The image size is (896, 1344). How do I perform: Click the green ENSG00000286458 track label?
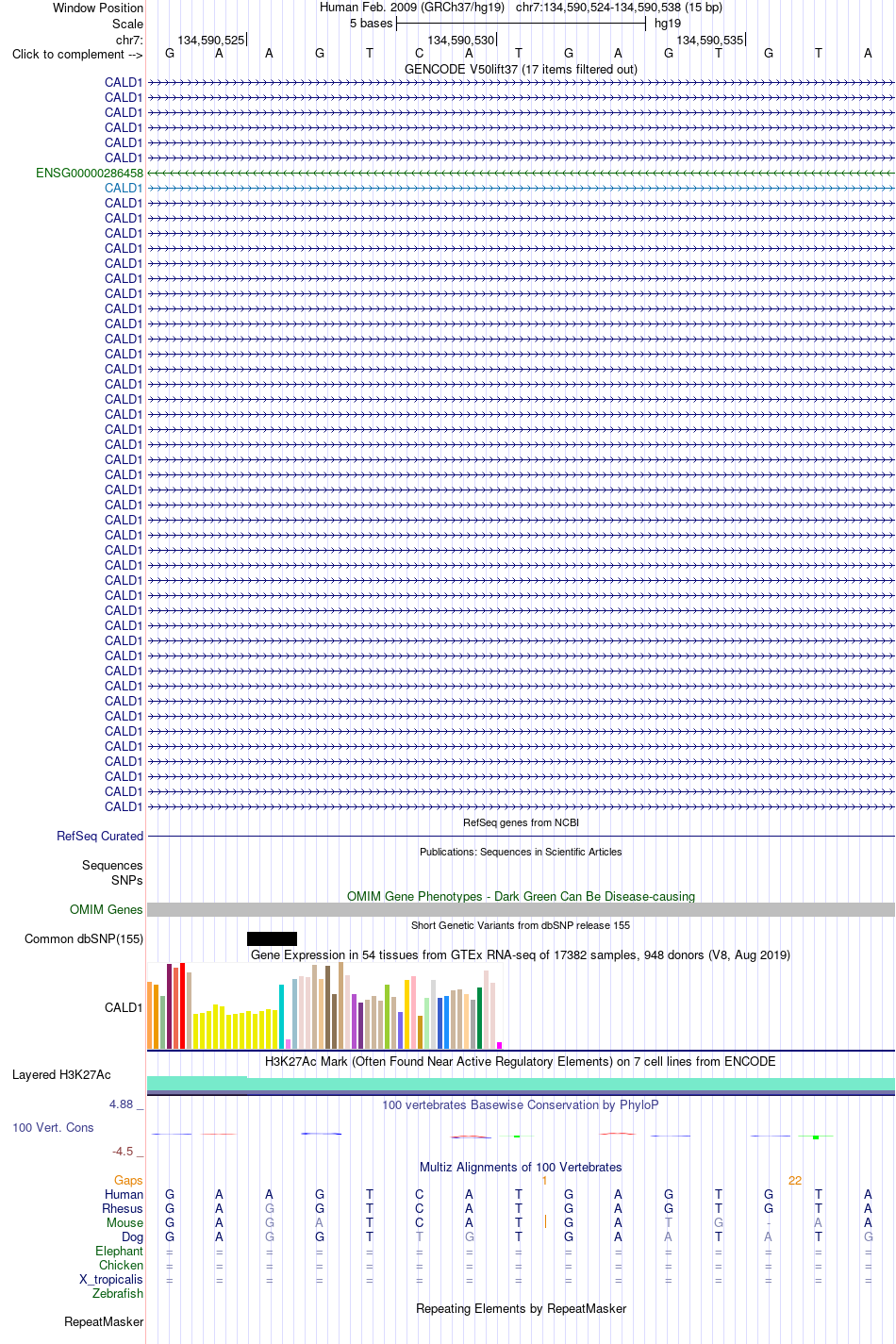(x=90, y=173)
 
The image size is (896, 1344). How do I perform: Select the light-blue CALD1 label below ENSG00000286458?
(x=124, y=188)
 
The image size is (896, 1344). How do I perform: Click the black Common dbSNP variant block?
(x=272, y=938)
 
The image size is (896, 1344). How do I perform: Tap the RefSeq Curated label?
(x=100, y=836)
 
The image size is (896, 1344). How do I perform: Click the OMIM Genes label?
(x=107, y=909)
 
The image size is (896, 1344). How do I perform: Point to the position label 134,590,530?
(x=461, y=41)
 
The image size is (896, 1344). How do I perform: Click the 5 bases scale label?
(x=371, y=24)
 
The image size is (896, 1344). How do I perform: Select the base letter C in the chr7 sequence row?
(x=419, y=54)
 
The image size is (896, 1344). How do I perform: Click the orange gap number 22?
(x=794, y=1180)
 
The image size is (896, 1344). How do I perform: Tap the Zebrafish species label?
(x=118, y=1293)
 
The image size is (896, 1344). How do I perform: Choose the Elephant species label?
(x=119, y=1251)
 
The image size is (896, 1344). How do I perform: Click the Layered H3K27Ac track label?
(x=61, y=1074)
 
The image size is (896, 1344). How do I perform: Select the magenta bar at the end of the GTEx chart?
(x=499, y=1045)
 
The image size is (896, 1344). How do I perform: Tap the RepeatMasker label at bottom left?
(x=104, y=1321)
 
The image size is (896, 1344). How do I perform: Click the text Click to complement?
(x=69, y=54)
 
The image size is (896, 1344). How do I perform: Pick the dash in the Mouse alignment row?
(x=768, y=1222)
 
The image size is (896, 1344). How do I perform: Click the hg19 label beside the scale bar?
(x=668, y=24)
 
